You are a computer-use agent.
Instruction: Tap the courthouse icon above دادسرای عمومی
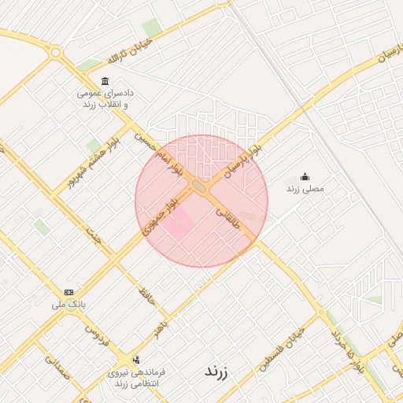(x=105, y=82)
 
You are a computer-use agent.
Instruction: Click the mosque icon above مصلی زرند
(x=305, y=177)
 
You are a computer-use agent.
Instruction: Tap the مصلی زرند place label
(x=305, y=190)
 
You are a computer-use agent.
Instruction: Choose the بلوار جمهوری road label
(x=158, y=220)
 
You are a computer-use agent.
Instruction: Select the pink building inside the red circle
(x=180, y=223)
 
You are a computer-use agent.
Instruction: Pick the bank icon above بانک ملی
(x=68, y=292)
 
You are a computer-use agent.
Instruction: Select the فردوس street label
(x=96, y=339)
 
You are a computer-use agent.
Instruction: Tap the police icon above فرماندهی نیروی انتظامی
(x=137, y=359)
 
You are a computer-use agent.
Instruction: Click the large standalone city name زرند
(x=215, y=371)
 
